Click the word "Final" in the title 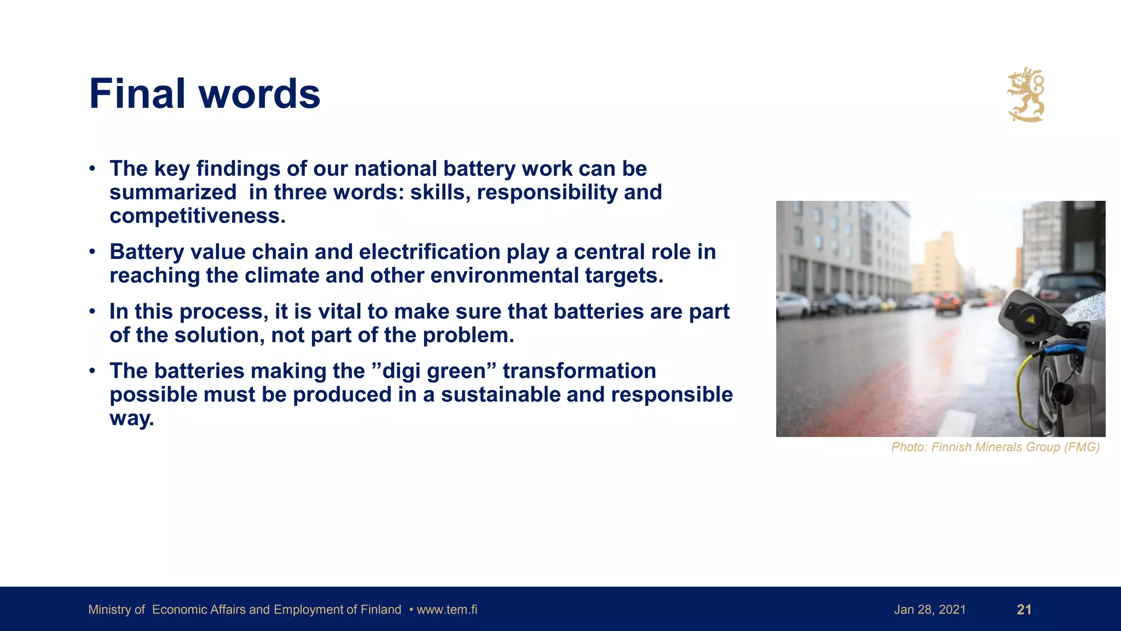click(137, 94)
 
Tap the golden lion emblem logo click(1026, 95)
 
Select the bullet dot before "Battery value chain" click(93, 252)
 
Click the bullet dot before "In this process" click(93, 312)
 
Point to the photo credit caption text click(995, 447)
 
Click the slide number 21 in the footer click(1024, 610)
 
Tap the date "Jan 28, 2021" click(929, 610)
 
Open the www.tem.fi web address click(447, 610)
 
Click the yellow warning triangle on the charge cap click(1030, 318)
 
